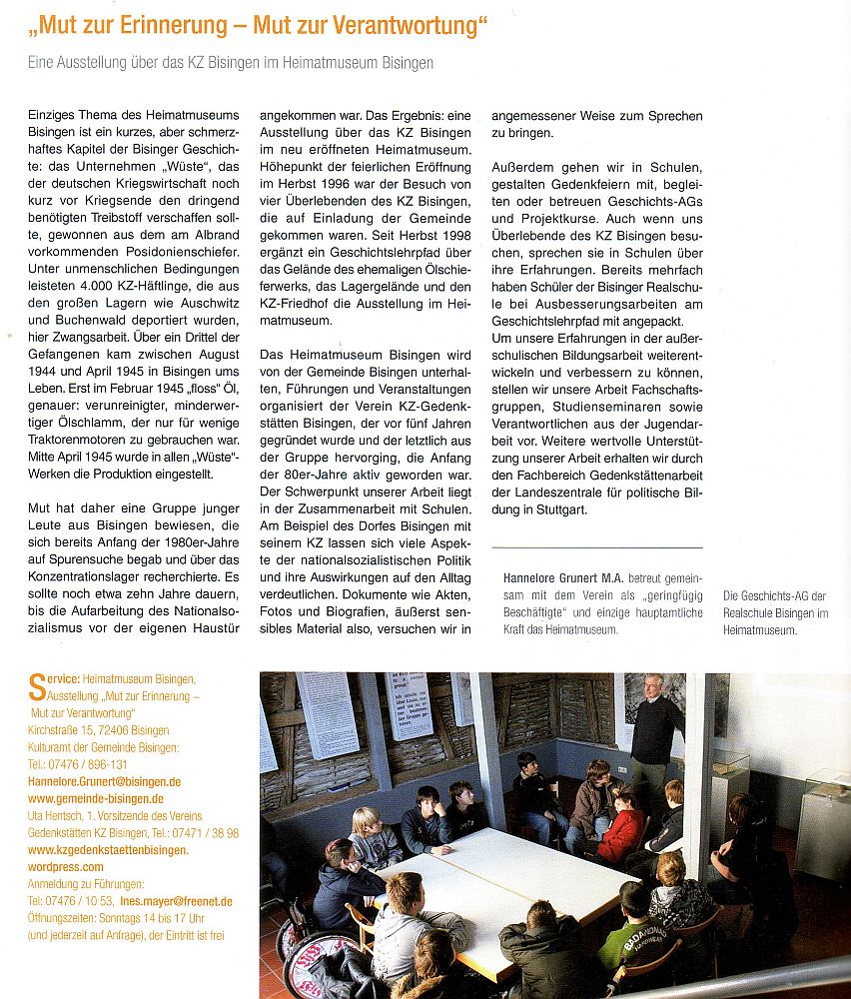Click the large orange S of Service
pyautogui.click(x=35, y=684)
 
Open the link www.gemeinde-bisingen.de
pyautogui.click(x=95, y=799)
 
